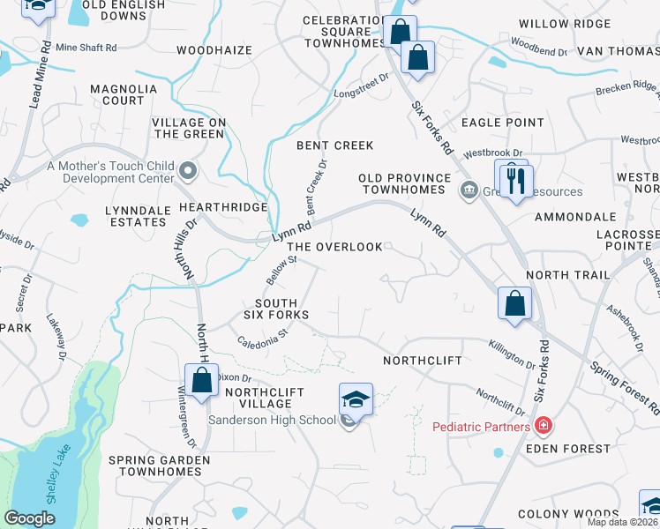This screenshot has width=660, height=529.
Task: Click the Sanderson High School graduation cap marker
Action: pos(356,399)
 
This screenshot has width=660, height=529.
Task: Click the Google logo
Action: pos(29,518)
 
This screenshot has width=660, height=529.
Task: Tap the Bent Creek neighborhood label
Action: pos(335,145)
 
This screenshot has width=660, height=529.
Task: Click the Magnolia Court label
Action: pos(124,94)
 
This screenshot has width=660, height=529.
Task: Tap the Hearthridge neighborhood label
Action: pos(223,206)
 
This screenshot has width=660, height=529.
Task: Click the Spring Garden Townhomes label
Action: pos(160,466)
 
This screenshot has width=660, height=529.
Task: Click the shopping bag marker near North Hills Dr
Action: pos(201,381)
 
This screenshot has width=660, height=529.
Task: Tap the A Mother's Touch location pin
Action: pos(188,169)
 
